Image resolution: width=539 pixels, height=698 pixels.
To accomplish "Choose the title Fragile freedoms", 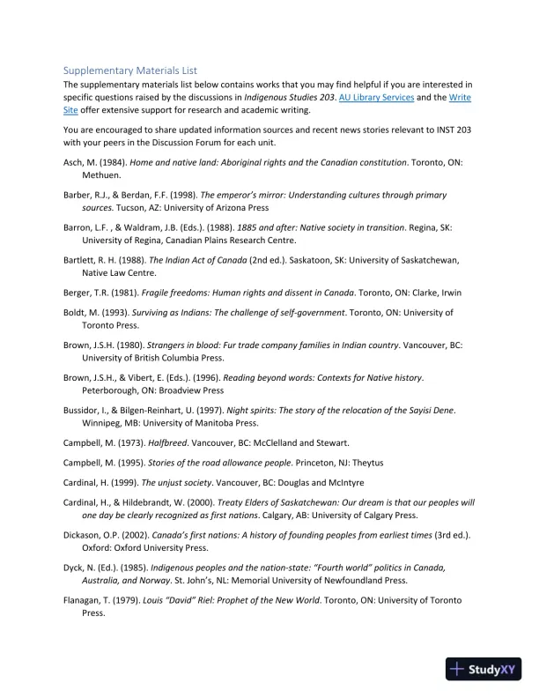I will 193,293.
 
